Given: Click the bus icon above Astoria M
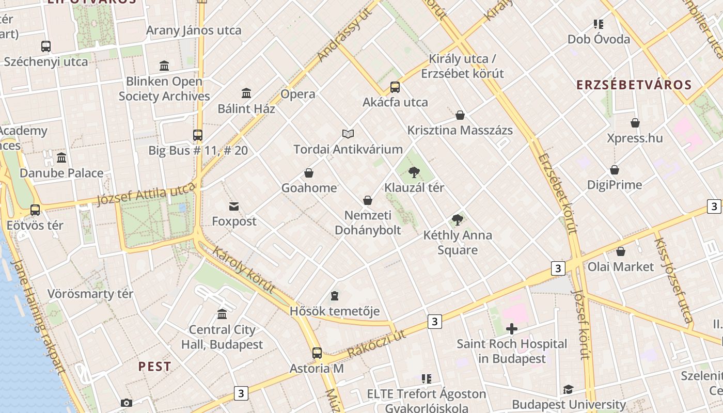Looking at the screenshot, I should [317, 353].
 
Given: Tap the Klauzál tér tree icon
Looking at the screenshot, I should [414, 172].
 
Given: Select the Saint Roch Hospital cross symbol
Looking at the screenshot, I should [512, 328].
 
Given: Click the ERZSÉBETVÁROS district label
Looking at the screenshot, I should [634, 85].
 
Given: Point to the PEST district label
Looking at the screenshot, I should [154, 367].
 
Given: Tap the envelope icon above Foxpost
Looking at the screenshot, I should [234, 206].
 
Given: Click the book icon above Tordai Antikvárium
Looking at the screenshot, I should [349, 134].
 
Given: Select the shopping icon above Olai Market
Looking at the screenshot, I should [621, 251].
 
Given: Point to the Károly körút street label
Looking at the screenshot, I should [244, 271].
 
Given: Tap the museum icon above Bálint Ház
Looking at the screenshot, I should [246, 93].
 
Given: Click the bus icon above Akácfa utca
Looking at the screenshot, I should [395, 87].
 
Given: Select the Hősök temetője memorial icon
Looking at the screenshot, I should [335, 296].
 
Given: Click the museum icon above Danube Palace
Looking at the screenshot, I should [61, 157].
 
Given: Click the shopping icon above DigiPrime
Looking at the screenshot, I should [615, 170].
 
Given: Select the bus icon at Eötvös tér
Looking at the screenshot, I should [35, 210].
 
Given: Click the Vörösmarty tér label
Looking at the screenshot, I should [90, 294].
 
